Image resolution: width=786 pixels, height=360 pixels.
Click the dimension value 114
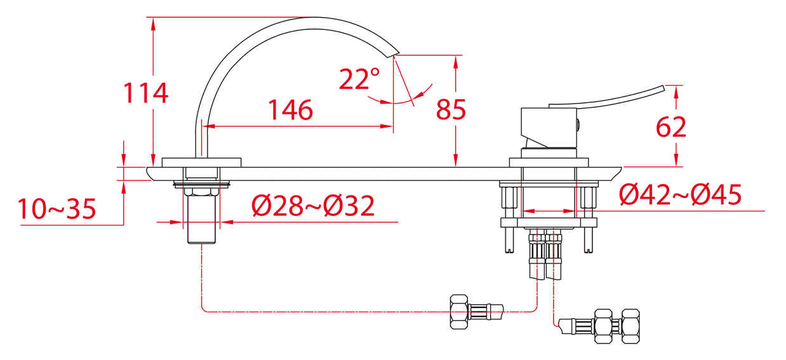tap(145, 93)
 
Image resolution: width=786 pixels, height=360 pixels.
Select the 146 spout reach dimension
tap(290, 110)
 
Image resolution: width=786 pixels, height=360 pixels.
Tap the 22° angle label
tap(359, 79)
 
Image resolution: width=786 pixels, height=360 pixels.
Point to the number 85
tap(451, 109)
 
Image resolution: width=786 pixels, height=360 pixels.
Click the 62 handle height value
tap(670, 127)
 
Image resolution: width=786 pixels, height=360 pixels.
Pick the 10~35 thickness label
tap(57, 209)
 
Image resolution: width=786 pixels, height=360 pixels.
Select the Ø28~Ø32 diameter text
tap(313, 206)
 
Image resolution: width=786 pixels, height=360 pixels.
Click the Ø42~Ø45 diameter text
tap(680, 195)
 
